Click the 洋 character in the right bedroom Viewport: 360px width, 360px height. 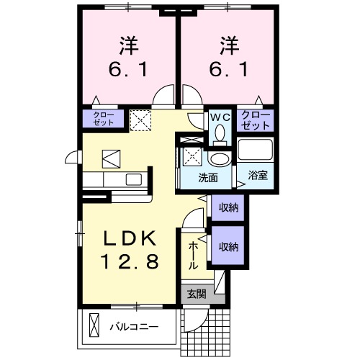[x=229, y=44]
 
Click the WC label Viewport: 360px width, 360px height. [x=219, y=116]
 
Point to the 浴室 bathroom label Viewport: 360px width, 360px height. [x=257, y=175]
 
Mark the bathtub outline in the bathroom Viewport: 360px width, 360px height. [x=256, y=151]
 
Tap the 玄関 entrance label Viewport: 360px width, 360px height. [x=197, y=294]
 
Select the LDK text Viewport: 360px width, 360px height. [x=130, y=240]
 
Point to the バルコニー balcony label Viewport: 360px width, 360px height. [x=134, y=326]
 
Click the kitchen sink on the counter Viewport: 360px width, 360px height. [x=133, y=179]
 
